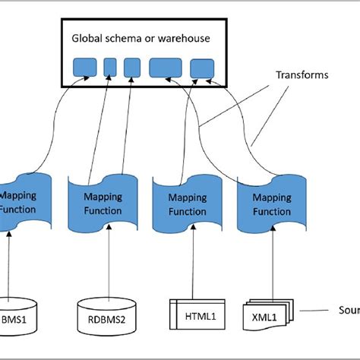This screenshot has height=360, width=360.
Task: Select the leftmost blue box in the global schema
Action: (x=84, y=68)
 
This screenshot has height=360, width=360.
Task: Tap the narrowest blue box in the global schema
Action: (x=109, y=67)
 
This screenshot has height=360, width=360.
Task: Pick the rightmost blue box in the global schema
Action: (x=202, y=69)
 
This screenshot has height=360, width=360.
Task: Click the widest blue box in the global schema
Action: (x=166, y=68)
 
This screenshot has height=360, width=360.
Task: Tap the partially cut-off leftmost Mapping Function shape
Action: (x=23, y=201)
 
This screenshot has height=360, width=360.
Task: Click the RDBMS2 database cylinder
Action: (x=106, y=312)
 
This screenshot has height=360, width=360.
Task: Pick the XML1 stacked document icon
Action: (x=266, y=313)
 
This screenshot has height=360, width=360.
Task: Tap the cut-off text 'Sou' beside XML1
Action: (x=348, y=310)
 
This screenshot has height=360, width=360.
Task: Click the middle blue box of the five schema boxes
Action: (x=131, y=67)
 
